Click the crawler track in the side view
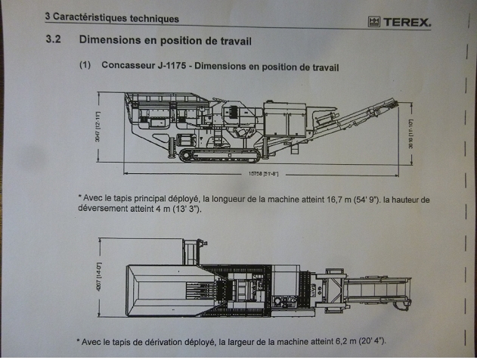coord(218,154)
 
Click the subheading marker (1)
coord(85,66)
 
